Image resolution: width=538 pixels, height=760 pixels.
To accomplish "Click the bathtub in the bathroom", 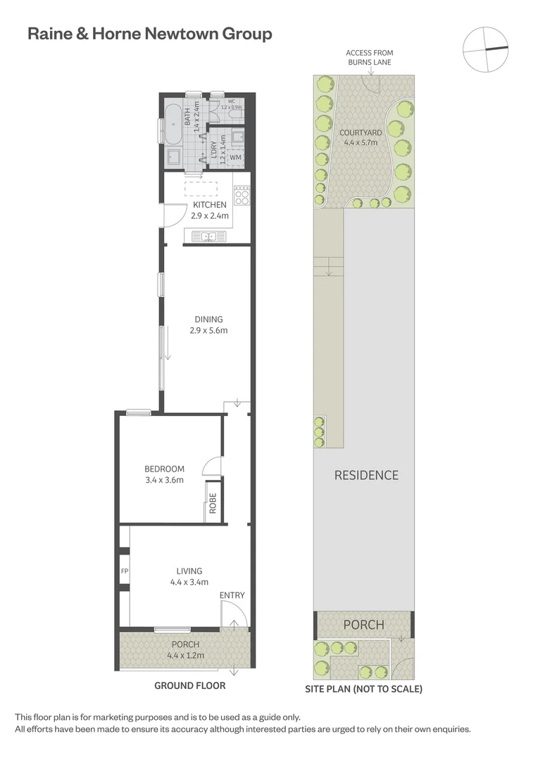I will (x=171, y=126).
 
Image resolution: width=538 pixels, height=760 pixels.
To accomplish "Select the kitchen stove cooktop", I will (x=242, y=195).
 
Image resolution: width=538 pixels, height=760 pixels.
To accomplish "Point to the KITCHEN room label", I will (x=210, y=205).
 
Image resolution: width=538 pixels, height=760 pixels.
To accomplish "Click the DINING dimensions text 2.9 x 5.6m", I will (x=208, y=330).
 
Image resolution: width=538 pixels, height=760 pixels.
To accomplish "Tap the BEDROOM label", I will (x=164, y=469).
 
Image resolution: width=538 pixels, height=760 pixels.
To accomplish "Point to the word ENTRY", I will (x=232, y=595).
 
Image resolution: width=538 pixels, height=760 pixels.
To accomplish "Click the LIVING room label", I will (x=189, y=571).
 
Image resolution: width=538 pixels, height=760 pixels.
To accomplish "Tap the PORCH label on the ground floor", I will (x=185, y=644).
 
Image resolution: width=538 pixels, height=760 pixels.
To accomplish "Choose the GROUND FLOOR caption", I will (x=189, y=685).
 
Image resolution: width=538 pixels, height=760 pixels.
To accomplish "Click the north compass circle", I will (x=485, y=49).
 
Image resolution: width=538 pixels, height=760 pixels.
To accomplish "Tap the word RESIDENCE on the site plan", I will (x=365, y=475).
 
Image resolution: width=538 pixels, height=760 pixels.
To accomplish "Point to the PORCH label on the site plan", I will (x=363, y=624).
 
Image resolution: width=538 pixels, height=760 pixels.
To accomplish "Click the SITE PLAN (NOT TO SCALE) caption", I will (x=363, y=689).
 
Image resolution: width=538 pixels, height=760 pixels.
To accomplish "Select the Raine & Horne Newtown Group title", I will (x=149, y=34).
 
